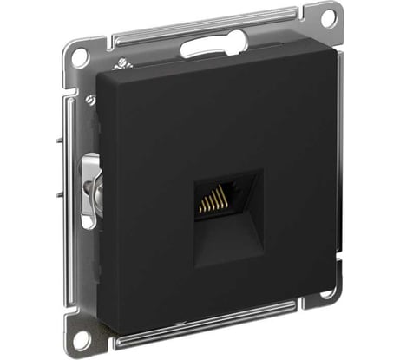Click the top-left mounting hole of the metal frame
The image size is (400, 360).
[x=80, y=59]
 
